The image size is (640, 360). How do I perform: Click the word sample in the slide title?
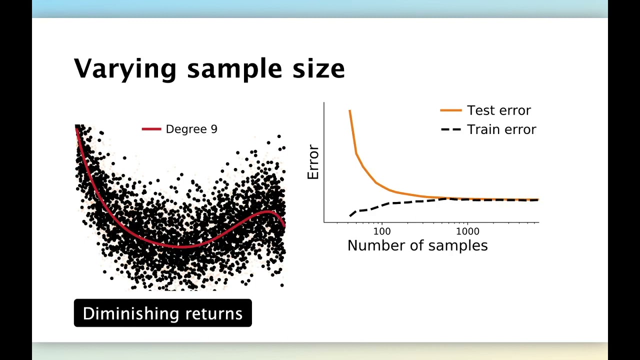(235, 69)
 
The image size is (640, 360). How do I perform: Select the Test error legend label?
(498, 110)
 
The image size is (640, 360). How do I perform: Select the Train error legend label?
(501, 129)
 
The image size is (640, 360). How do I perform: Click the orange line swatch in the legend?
(450, 110)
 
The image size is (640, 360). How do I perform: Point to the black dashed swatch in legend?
(450, 129)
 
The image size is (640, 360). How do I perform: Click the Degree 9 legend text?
(191, 129)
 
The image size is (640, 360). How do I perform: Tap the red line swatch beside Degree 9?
(151, 129)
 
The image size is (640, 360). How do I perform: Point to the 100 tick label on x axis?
(381, 231)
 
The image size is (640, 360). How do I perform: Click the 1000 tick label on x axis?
(467, 231)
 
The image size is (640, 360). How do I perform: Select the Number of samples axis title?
(417, 245)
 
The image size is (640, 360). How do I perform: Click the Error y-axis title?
(313, 162)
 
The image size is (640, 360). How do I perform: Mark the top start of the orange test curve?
(349, 111)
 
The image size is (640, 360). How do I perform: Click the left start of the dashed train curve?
(350, 215)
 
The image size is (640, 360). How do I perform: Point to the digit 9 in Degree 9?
(214, 129)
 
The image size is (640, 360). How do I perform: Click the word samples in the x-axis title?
(457, 245)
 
